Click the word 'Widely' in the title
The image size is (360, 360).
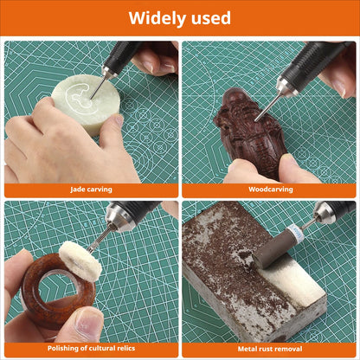click(x=157, y=17)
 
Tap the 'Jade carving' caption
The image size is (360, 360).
click(x=90, y=189)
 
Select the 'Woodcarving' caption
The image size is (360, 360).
click(x=269, y=189)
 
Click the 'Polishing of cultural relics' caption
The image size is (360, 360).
click(x=90, y=348)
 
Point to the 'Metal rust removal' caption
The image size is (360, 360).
click(x=269, y=348)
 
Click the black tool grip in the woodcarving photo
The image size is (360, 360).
click(x=312, y=60)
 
